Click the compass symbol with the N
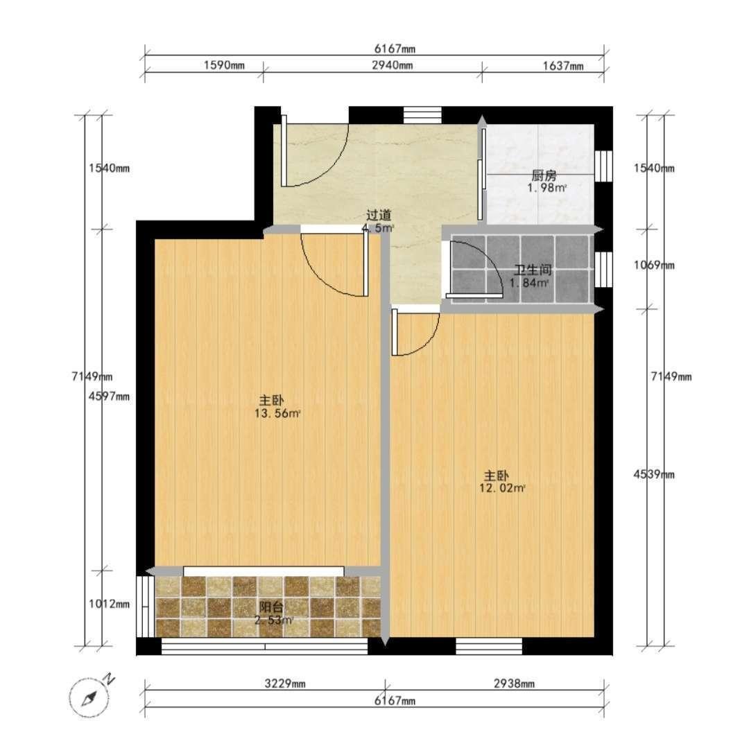click(91, 697)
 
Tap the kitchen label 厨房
click(544, 175)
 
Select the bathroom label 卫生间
click(533, 270)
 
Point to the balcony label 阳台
click(271, 607)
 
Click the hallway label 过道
click(379, 216)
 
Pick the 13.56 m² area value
click(277, 413)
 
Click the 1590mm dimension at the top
click(224, 65)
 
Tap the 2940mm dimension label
click(392, 65)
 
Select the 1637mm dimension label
click(562, 65)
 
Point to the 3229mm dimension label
click(285, 684)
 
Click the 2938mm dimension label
click(514, 684)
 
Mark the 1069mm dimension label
click(654, 265)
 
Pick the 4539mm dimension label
click(654, 474)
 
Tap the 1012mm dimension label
click(109, 605)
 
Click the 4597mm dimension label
click(109, 397)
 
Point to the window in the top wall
click(422, 115)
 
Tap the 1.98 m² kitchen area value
click(547, 188)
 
